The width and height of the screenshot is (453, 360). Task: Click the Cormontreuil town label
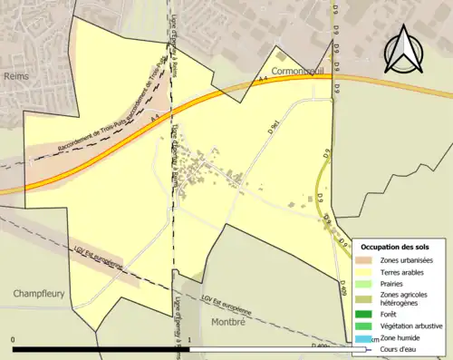296,70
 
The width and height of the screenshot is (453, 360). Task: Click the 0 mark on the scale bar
14,340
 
